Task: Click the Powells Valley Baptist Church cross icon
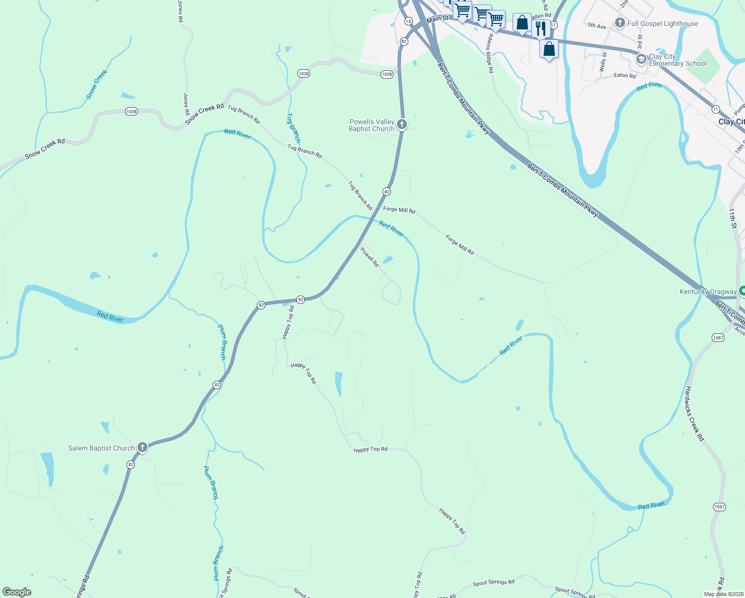point(402,125)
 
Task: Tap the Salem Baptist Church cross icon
point(142,448)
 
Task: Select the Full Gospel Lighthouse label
point(662,23)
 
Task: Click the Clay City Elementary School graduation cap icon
point(641,60)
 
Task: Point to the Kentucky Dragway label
point(708,292)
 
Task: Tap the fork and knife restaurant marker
point(541,28)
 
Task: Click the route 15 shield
point(408,21)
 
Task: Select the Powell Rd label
point(370,257)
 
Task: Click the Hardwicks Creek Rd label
point(694,414)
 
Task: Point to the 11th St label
point(733,218)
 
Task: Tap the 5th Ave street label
point(597,25)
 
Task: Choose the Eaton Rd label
point(624,75)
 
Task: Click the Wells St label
point(603,61)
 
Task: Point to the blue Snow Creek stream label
point(97,84)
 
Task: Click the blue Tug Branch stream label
point(293,128)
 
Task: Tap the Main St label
point(438,18)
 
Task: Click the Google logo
point(16,592)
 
